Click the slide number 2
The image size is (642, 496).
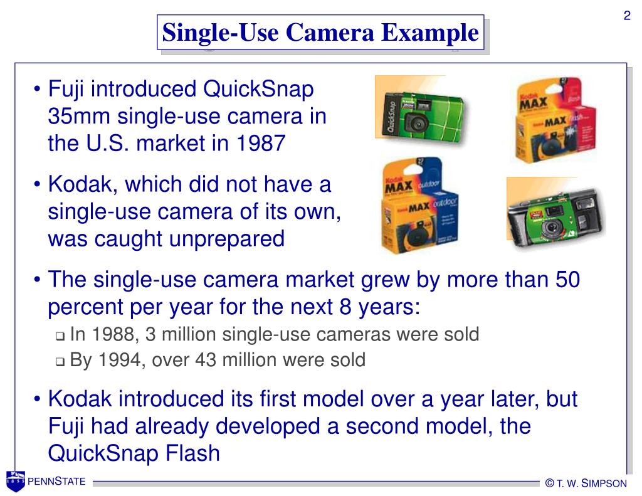click(626, 16)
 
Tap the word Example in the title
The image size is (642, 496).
click(433, 33)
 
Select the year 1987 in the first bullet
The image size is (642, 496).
click(260, 144)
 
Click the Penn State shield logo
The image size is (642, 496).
click(15, 481)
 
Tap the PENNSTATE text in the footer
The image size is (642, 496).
click(56, 482)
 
